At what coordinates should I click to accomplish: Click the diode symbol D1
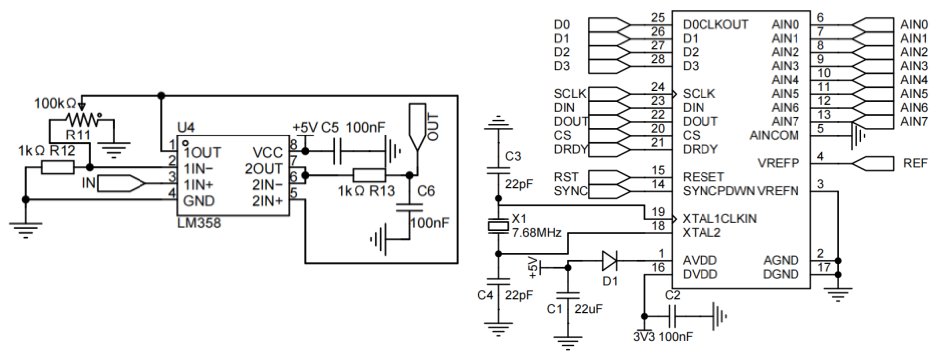pos(609,261)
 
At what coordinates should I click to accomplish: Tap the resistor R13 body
pos(369,175)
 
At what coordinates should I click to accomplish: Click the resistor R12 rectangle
pos(57,167)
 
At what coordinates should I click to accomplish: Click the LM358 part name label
pos(199,223)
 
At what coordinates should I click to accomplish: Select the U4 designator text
pos(186,127)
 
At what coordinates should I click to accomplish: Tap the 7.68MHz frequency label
pos(537,232)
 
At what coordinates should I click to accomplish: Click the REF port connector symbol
pos(873,163)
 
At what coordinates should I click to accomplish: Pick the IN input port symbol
pos(121,184)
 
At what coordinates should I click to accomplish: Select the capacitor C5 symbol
pos(337,151)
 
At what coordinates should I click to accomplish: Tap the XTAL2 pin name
pos(701,232)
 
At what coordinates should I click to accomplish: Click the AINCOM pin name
pos(774,135)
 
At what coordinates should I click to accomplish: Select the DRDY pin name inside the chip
pos(700,149)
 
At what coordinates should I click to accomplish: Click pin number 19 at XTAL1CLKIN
pos(658,212)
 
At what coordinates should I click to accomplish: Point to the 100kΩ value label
pos(55,104)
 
